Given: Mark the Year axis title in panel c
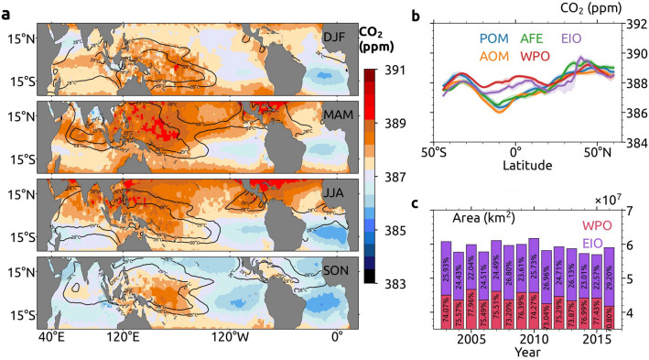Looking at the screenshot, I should pos(527,353).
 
